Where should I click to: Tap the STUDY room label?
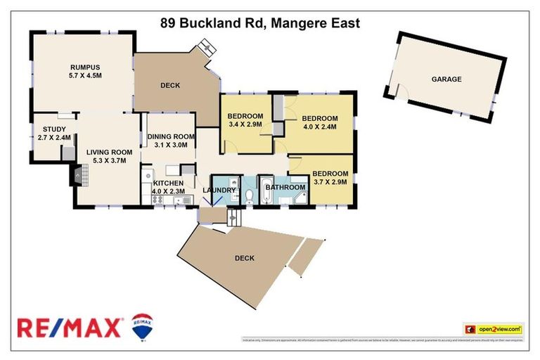click(53, 129)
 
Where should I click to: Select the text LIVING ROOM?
click(109, 151)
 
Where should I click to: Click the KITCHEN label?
click(168, 183)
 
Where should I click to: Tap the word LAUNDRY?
click(219, 190)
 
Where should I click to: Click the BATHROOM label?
click(285, 187)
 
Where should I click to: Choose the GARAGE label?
click(446, 79)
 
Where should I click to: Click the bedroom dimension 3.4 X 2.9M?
click(245, 124)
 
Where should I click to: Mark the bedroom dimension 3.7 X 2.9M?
click(330, 182)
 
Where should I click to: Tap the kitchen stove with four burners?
click(157, 199)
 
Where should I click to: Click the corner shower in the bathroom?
click(300, 199)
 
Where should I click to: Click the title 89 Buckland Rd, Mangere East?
click(260, 23)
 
